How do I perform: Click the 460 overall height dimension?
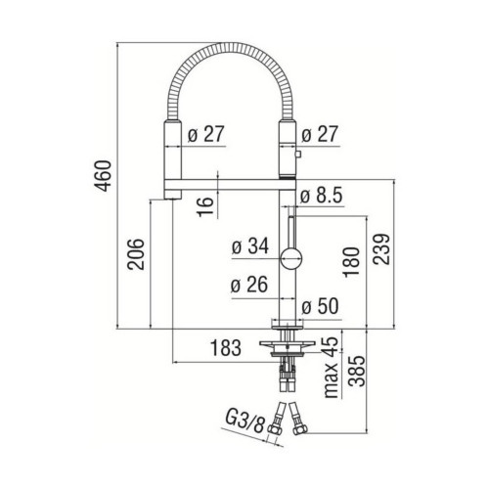coord(103,176)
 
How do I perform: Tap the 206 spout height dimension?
coord(136,254)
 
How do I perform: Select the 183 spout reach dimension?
coord(226,348)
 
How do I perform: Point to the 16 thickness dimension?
coord(205,206)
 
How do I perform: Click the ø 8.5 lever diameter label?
coord(321,196)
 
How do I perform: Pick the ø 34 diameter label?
coord(250,245)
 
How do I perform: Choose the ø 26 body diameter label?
coord(249,285)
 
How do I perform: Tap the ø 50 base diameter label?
coord(320,306)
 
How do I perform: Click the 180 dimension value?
coord(352,262)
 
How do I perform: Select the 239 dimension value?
coord(381,249)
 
